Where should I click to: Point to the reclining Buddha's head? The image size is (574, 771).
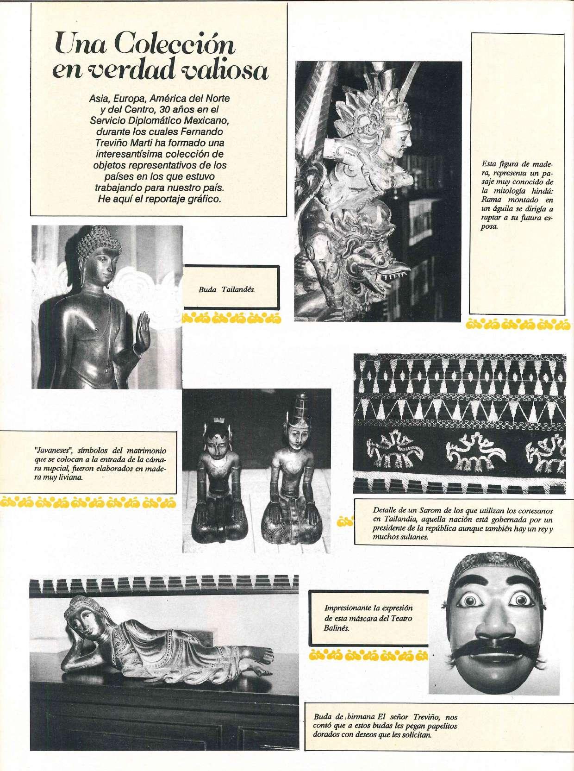point(80,619)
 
